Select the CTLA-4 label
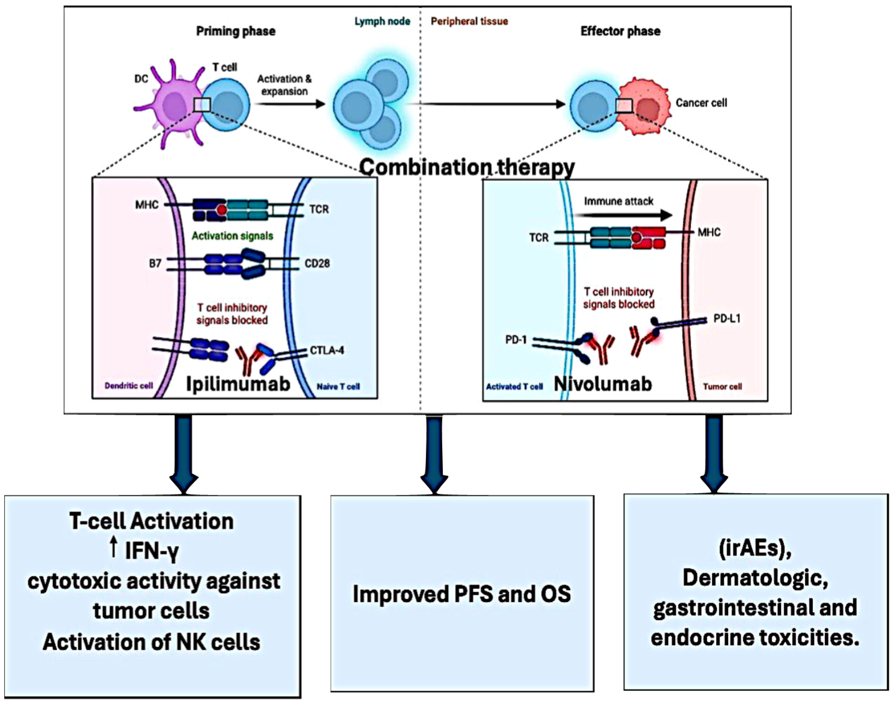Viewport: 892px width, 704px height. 327,350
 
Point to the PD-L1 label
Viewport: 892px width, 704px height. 727,318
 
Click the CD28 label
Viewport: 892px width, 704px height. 317,263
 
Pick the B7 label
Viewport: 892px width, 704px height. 155,263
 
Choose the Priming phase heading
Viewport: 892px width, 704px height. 236,31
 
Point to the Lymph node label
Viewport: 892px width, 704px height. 382,21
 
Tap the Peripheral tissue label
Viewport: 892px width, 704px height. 469,21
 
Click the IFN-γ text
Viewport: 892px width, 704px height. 151,551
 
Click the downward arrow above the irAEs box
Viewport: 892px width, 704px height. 714,453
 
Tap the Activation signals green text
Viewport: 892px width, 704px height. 232,236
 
